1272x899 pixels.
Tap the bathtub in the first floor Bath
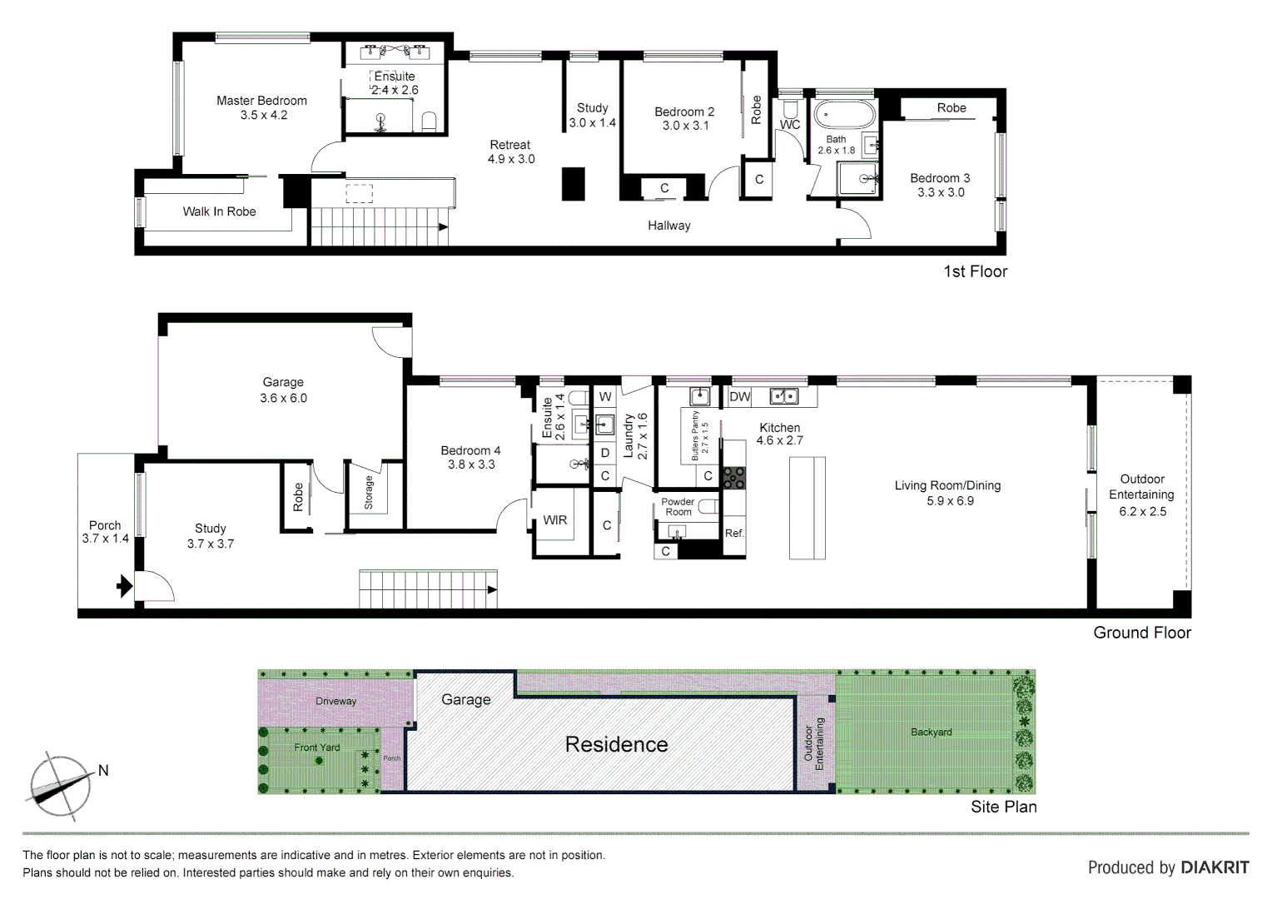(x=844, y=113)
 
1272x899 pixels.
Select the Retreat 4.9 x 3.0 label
(x=510, y=151)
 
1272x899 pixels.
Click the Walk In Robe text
(x=219, y=211)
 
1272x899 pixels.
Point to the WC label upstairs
(x=789, y=125)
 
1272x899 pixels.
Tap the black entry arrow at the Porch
(x=124, y=586)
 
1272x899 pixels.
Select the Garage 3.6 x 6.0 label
(x=283, y=390)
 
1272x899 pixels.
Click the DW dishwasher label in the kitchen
(x=739, y=397)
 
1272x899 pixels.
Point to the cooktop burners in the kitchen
(x=733, y=477)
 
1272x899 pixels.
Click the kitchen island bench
(x=807, y=508)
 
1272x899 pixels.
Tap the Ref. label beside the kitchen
(x=734, y=534)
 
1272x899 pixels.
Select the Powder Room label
(x=678, y=507)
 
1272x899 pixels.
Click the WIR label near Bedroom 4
(x=555, y=520)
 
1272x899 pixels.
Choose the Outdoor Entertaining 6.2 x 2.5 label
(x=1141, y=494)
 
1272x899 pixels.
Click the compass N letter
(x=103, y=771)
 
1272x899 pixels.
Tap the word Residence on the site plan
(x=616, y=744)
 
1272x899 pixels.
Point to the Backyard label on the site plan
(x=931, y=733)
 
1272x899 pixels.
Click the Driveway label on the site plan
(x=335, y=701)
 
